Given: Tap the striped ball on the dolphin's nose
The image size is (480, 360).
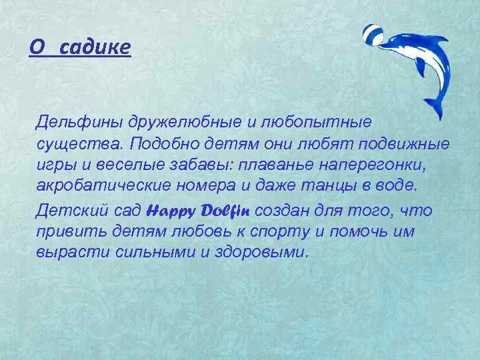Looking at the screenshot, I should point(372,34).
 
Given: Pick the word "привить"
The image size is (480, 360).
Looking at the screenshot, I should point(67,232).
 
